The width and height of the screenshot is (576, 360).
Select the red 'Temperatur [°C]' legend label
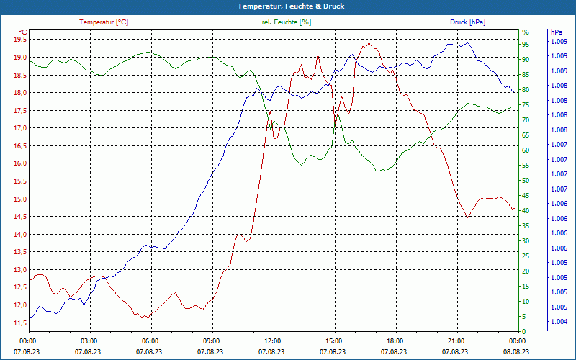tap(104, 22)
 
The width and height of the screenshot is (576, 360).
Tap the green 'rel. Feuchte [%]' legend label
tap(287, 22)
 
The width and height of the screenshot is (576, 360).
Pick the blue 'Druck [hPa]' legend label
tap(467, 22)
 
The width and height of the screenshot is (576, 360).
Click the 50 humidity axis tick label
tap(526, 181)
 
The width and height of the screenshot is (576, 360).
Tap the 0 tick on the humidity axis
tap(523, 332)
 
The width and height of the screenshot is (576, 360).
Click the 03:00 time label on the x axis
tap(89, 341)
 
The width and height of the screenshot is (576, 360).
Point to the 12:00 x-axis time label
tap(273, 341)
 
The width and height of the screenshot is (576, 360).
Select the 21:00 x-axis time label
tap(456, 341)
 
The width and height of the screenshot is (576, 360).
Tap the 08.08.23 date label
tap(517, 352)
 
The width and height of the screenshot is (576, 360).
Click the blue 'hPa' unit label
tap(556, 32)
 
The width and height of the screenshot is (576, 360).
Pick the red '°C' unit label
tap(23, 32)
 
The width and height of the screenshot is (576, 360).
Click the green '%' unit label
tap(526, 32)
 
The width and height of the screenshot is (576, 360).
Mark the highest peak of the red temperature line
tap(369, 43)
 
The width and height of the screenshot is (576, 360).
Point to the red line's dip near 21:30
tap(468, 217)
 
